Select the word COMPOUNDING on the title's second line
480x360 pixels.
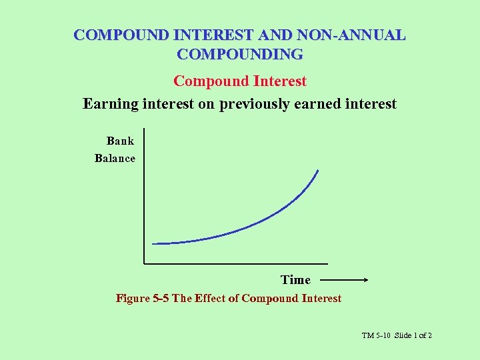240,53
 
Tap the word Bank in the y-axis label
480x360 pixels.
120,141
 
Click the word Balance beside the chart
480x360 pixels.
115,159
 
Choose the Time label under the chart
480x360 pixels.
295,280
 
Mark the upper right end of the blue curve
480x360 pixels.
318,171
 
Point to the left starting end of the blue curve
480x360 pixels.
153,243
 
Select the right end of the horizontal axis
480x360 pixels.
327,263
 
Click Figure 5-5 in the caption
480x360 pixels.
143,299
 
